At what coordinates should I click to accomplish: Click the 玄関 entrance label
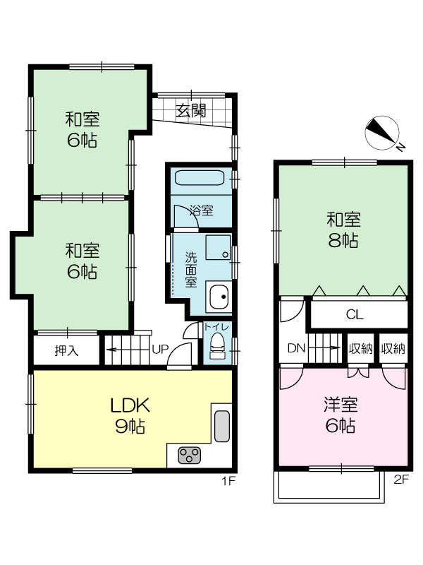(191, 111)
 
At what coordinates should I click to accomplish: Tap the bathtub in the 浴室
(200, 178)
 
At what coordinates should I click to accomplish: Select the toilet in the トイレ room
(217, 345)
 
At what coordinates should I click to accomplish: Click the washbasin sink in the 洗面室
(219, 297)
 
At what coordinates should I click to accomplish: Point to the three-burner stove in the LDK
(189, 456)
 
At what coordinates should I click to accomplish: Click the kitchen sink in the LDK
(222, 426)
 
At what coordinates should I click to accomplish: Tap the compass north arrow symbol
(382, 133)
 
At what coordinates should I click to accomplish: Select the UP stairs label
(160, 349)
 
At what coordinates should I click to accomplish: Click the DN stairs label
(296, 348)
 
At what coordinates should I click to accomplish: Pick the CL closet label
(355, 314)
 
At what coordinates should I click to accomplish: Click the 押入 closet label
(66, 350)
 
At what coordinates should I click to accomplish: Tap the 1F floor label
(228, 481)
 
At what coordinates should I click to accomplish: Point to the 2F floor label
(401, 480)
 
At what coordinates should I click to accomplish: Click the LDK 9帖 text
(130, 416)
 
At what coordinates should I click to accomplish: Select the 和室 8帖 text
(343, 230)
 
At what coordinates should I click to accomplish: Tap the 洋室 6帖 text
(341, 415)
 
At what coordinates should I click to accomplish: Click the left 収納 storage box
(360, 348)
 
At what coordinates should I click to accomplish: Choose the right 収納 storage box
(393, 348)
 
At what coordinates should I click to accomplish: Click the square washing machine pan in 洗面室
(218, 247)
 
